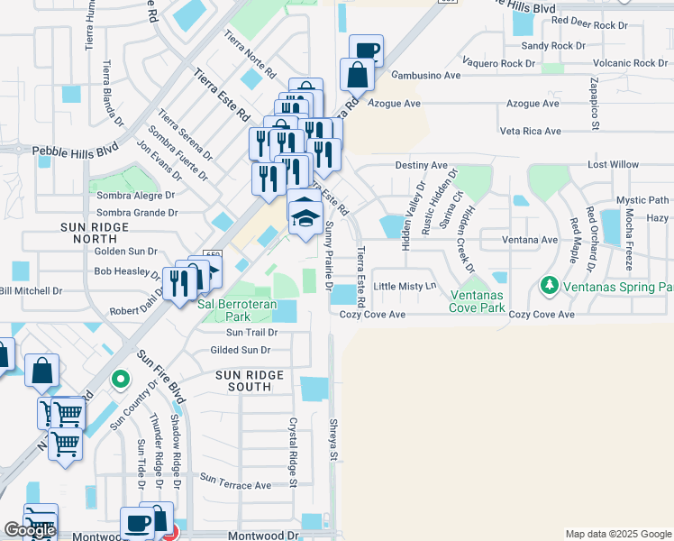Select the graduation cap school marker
coord(305,215)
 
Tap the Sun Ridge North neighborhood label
coord(102,233)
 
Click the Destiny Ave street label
coord(421,166)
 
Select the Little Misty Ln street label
coord(405,286)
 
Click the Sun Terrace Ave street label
coord(235,484)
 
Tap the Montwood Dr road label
coord(263,535)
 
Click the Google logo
coord(30,530)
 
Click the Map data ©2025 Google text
coord(618,534)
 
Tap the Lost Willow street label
coord(613,166)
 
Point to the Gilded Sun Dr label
coord(240,350)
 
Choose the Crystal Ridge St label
coord(293,451)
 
